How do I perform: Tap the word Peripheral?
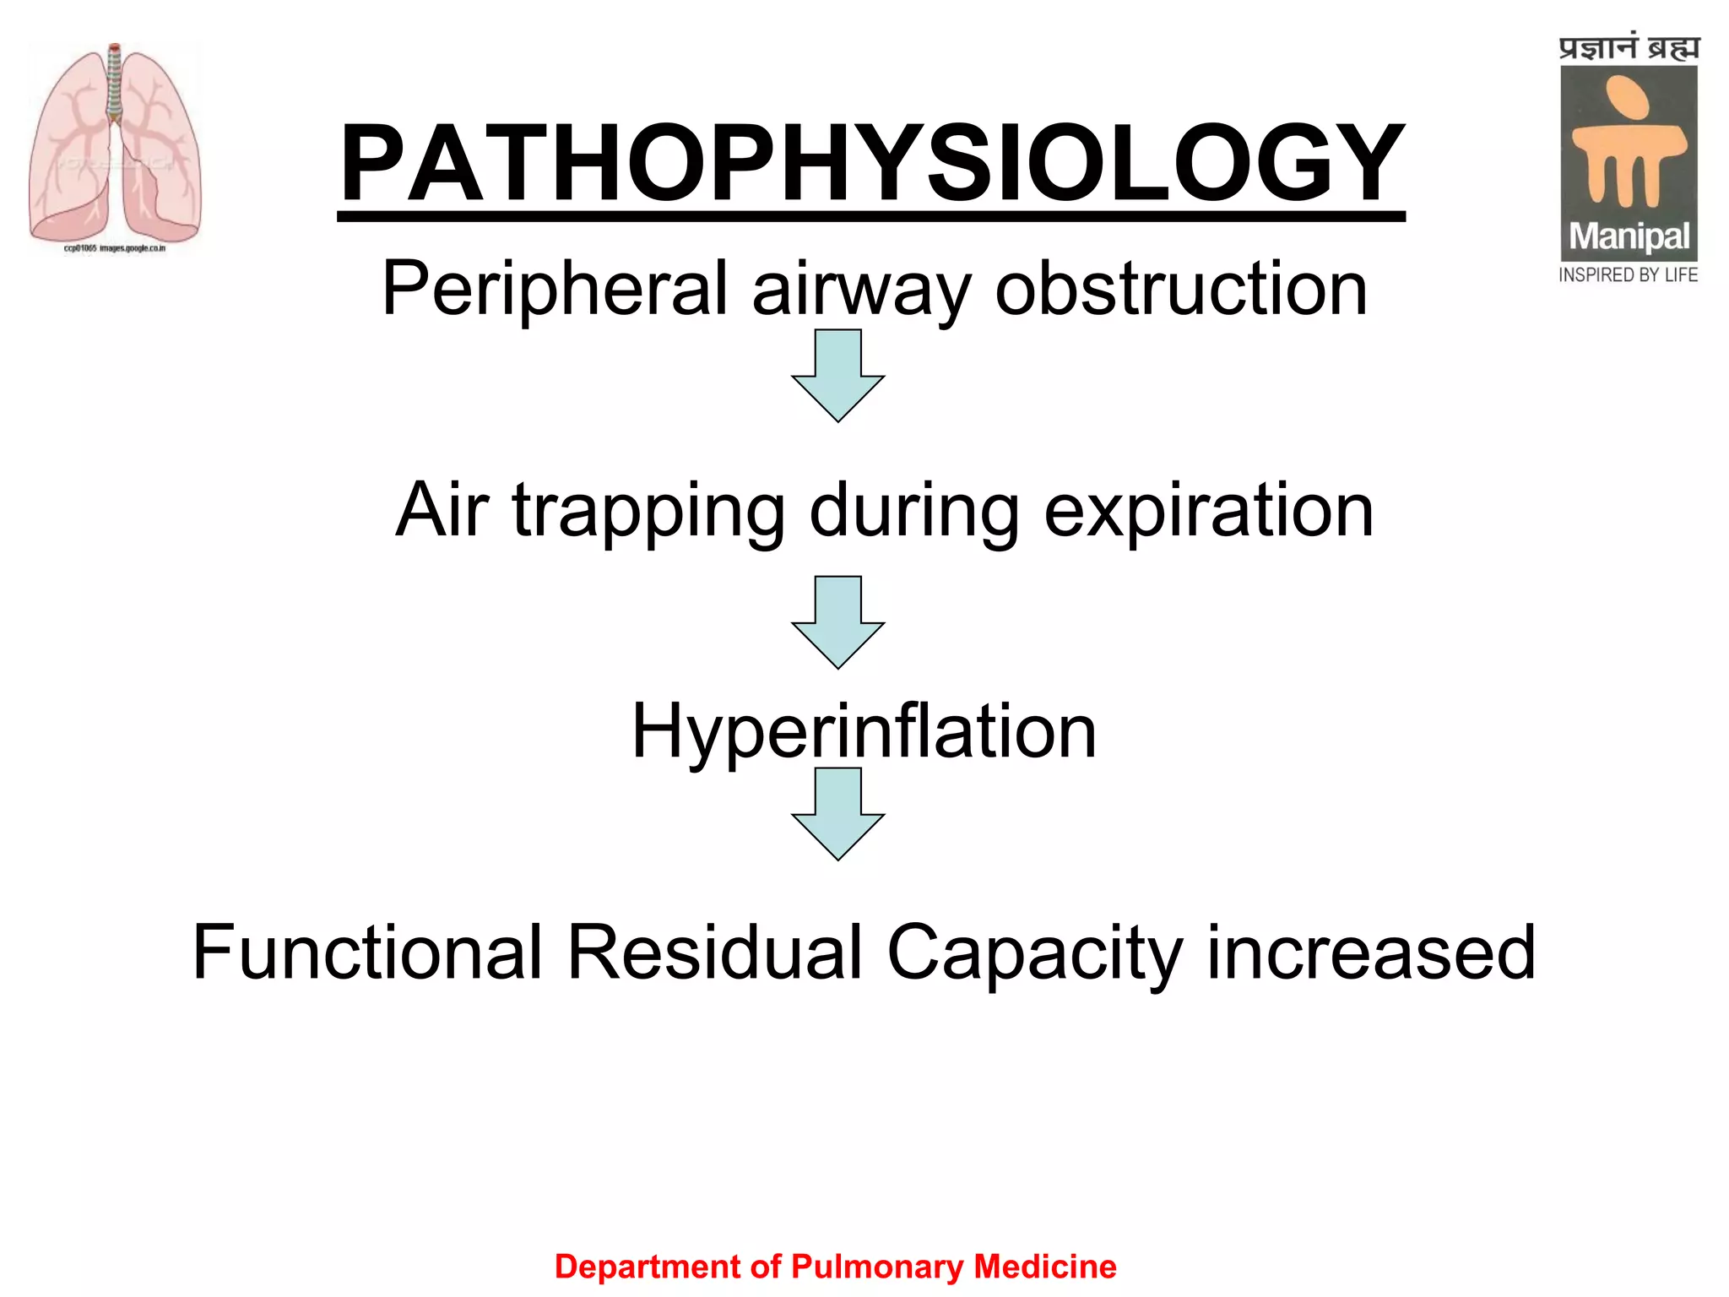click(x=554, y=289)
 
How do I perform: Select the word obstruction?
click(x=1181, y=289)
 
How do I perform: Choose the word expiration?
click(x=1208, y=510)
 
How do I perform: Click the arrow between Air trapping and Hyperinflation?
click(x=837, y=621)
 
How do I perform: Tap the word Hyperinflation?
click(x=864, y=731)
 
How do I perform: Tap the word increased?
click(x=1371, y=952)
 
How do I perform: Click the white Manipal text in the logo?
click(x=1629, y=237)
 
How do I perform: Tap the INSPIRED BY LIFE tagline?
click(x=1628, y=275)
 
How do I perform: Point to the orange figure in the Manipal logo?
click(x=1629, y=144)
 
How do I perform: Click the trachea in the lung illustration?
click(x=115, y=84)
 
